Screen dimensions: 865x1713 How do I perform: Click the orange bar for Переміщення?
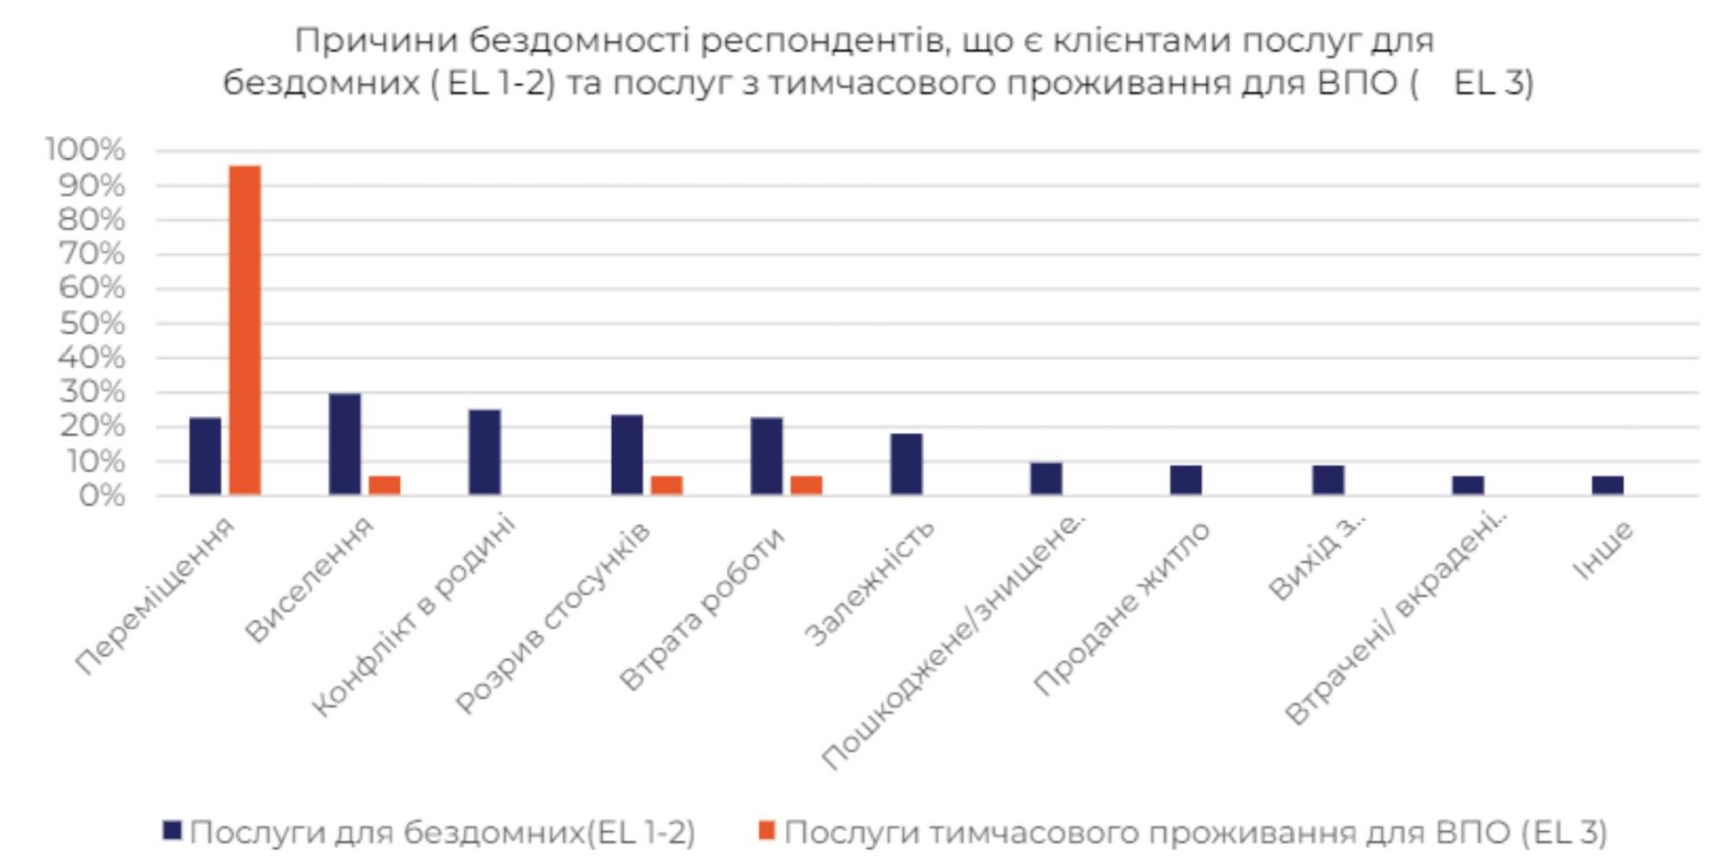(245, 329)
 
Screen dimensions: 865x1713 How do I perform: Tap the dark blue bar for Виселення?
(345, 444)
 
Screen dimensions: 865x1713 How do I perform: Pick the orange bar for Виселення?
(385, 485)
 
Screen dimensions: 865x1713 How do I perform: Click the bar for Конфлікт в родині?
(484, 452)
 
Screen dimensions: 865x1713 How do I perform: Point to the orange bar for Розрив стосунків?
(666, 485)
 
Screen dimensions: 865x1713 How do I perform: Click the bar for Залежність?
(906, 463)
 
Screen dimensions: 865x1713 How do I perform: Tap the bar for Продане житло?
(1186, 479)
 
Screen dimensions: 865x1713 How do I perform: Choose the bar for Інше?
(1608, 485)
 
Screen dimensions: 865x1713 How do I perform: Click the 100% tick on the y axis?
(86, 149)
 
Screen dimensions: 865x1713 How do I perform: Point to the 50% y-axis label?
(92, 322)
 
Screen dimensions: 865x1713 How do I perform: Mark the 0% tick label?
(102, 495)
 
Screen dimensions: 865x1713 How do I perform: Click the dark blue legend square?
(172, 831)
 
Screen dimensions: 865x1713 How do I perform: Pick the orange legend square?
(766, 831)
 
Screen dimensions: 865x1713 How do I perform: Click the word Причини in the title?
(377, 40)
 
